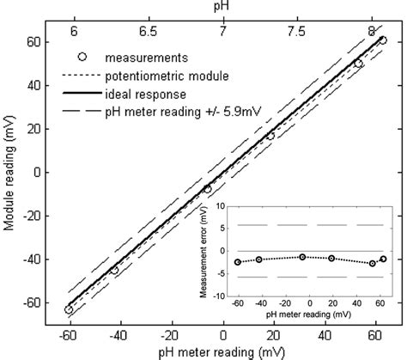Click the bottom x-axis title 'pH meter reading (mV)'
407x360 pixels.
[222, 352]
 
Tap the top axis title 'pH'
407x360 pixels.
[223, 7]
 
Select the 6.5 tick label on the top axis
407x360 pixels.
[148, 27]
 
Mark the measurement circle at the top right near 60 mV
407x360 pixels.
[382, 40]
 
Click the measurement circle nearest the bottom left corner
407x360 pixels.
[69, 309]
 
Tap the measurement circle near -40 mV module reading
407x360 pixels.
[114, 270]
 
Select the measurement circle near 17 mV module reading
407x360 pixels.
[270, 136]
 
